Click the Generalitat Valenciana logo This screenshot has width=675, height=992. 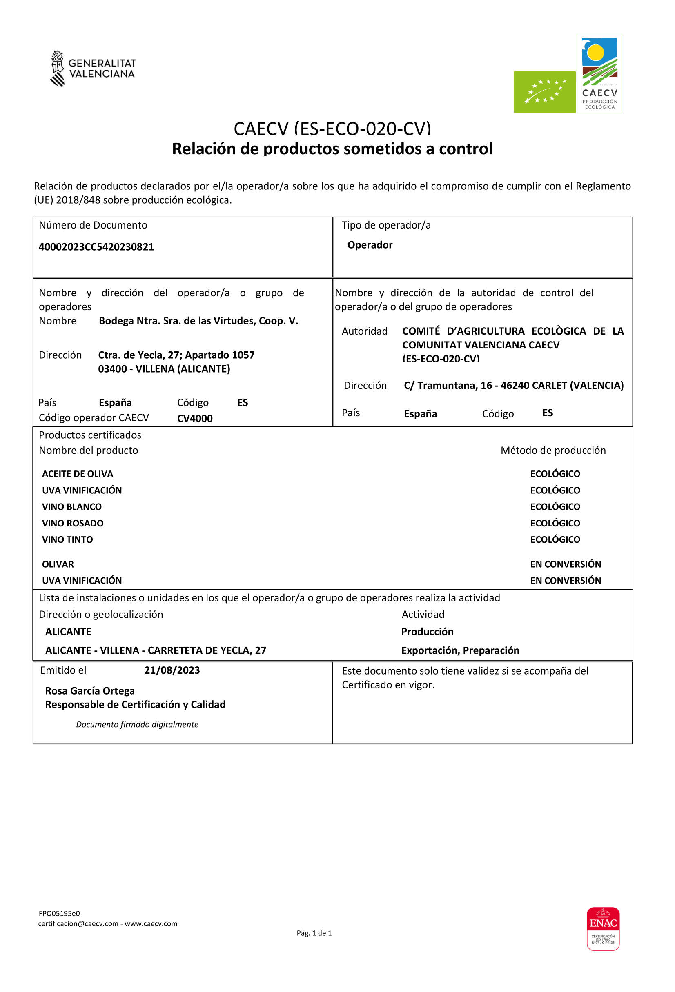pos(93,68)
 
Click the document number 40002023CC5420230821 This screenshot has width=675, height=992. pos(96,247)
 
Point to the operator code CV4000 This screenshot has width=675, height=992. pos(195,418)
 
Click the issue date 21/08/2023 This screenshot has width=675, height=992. pos(172,670)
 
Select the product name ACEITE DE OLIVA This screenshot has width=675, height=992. pos(77,474)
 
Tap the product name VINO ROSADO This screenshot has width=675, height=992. pos(73,523)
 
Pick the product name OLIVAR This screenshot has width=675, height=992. pos(58,564)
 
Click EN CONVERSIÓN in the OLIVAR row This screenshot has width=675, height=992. pos(565,564)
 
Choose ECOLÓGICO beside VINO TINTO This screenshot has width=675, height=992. pos(555,539)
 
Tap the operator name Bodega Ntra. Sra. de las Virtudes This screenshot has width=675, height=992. pos(198,321)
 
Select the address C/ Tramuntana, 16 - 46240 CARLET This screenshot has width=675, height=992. pos(514,386)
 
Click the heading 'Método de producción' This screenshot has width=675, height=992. pos(553,451)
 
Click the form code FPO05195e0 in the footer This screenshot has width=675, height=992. pos(59,914)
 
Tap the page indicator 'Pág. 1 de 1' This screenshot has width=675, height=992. pos(314,933)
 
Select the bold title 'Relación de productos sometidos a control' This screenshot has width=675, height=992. pos(332,149)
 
